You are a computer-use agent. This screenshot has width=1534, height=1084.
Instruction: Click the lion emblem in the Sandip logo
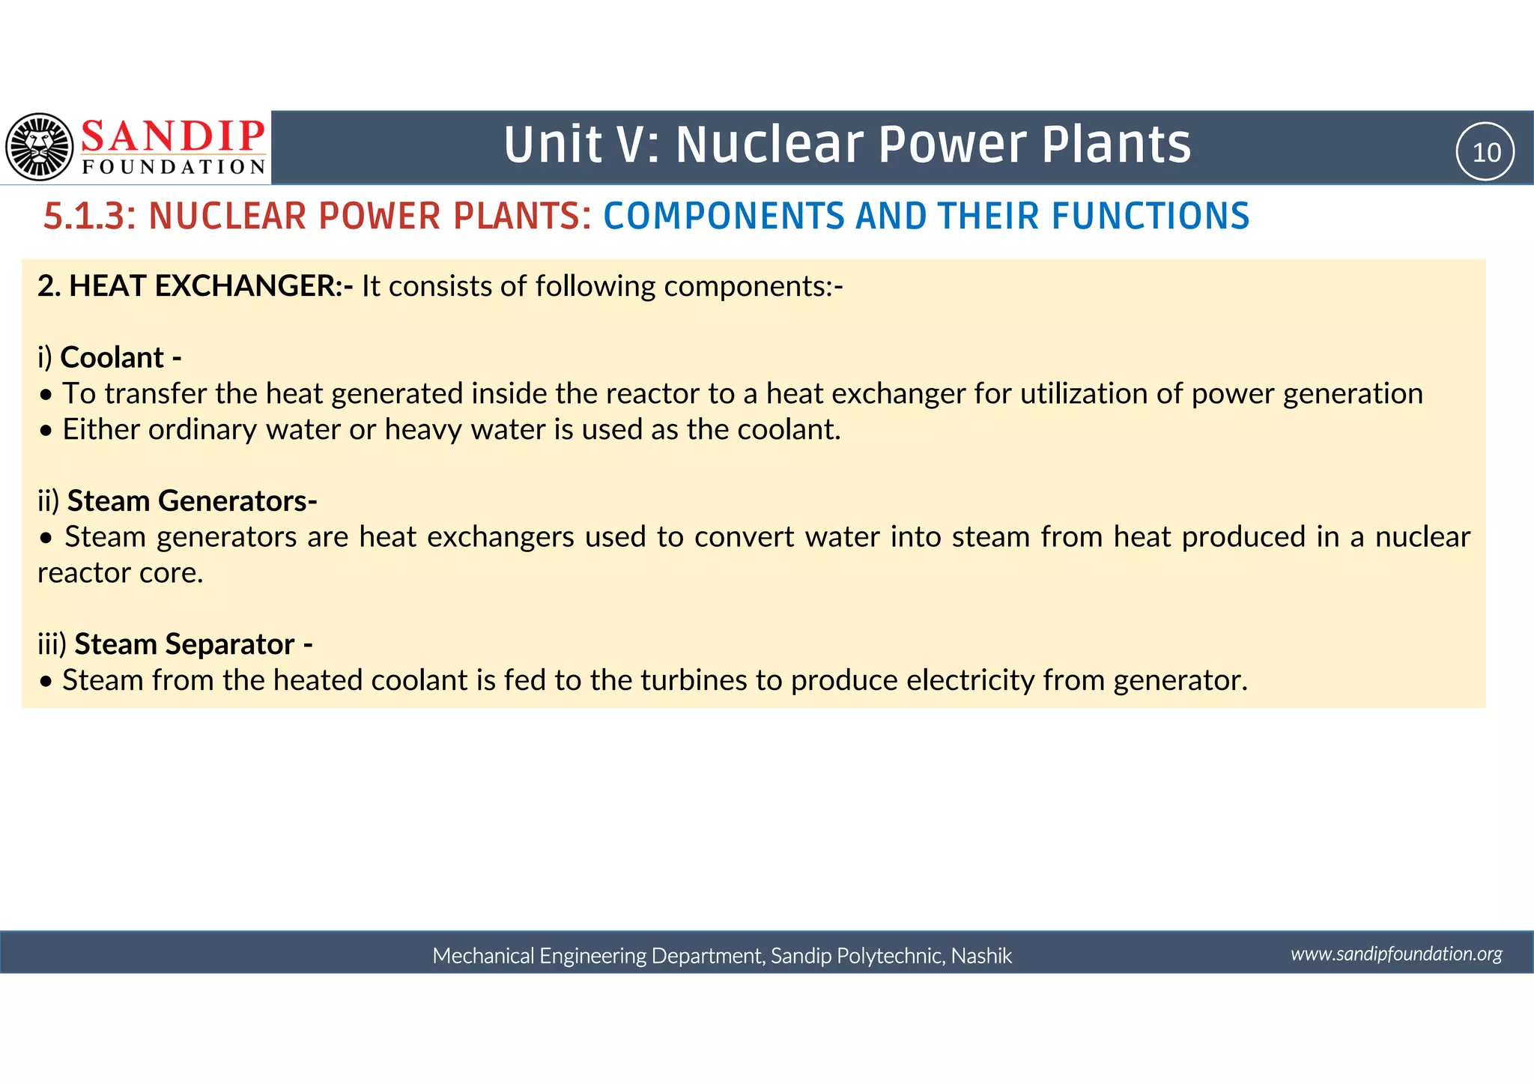(x=40, y=147)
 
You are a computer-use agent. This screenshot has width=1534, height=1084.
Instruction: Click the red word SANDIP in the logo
(x=173, y=136)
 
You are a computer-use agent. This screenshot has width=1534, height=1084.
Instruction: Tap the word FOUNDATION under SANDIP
(x=174, y=167)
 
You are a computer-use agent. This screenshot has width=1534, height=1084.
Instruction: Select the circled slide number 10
(x=1485, y=152)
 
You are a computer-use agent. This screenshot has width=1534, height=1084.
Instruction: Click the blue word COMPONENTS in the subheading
(x=724, y=217)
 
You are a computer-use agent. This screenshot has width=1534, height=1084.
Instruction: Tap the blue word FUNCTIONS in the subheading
(x=1150, y=217)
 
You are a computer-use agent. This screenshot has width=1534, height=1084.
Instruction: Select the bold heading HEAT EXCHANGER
(x=206, y=286)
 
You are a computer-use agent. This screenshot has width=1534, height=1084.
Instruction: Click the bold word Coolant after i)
(x=112, y=358)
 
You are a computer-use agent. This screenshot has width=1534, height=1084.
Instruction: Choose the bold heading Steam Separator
(x=184, y=644)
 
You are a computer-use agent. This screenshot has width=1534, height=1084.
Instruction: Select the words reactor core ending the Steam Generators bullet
(x=120, y=573)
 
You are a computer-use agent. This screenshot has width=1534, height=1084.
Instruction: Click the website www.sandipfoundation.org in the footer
(x=1395, y=954)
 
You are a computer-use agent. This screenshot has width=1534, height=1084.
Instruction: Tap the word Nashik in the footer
(x=981, y=956)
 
